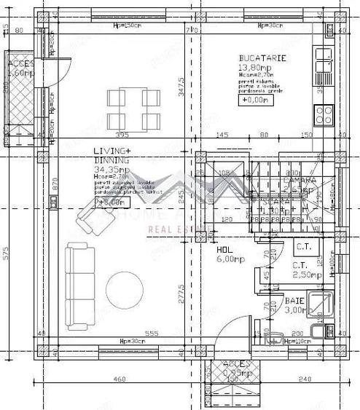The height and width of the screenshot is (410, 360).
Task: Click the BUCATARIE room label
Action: (262, 59)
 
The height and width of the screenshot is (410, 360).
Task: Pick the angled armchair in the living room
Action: (89, 214)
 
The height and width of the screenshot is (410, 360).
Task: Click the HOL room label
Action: (224, 249)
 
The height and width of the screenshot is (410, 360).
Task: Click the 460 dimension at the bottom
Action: (120, 379)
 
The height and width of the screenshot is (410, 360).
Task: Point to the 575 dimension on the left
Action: (7, 254)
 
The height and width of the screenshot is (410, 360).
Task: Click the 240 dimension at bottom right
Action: (305, 379)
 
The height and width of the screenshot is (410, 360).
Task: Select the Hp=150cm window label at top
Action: (126, 25)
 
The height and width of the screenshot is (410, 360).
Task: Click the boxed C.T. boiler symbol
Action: (303, 248)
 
